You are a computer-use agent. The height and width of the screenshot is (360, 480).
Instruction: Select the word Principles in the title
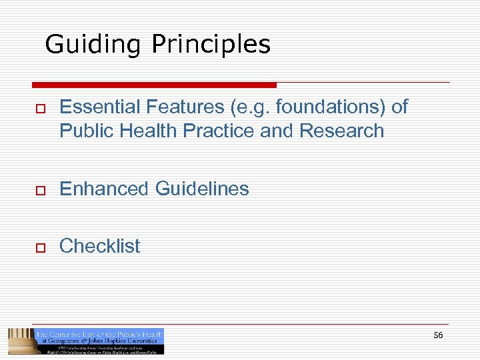pos(211,45)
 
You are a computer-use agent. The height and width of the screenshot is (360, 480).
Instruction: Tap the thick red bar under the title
pos(154,85)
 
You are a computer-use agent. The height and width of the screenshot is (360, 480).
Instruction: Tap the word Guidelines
pos(202,189)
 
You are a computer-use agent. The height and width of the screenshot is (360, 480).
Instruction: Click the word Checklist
pos(100,246)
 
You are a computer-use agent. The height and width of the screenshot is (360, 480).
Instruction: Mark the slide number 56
pos(438,335)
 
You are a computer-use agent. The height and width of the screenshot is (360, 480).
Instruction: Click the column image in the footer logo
pos(20,341)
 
